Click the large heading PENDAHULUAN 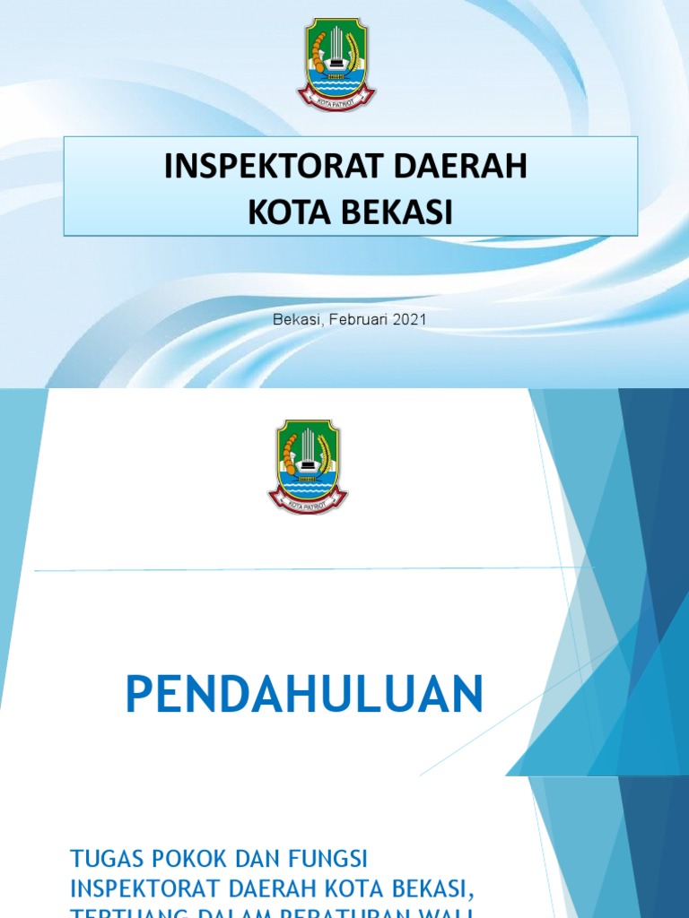point(304,695)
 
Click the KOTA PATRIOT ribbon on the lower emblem point(308,505)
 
